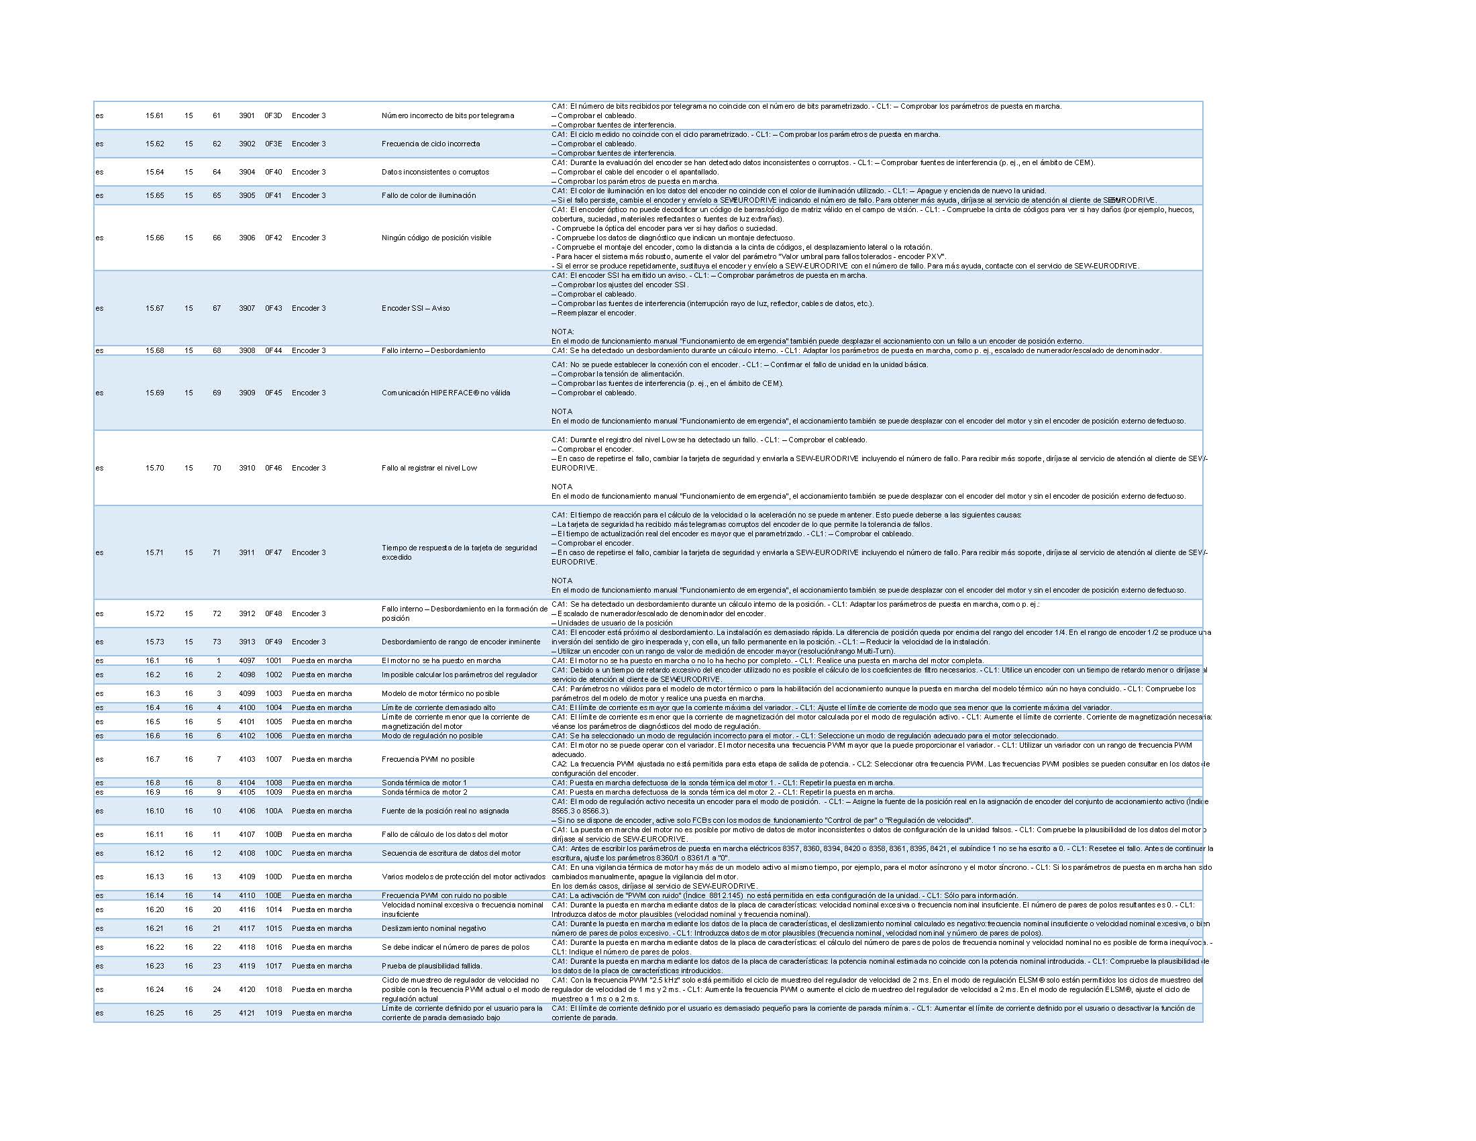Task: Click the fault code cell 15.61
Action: [154, 115]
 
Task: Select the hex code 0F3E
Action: [273, 144]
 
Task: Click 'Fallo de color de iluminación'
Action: [429, 195]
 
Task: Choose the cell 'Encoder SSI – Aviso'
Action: [416, 308]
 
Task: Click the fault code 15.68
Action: [154, 350]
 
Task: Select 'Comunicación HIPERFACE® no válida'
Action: [446, 393]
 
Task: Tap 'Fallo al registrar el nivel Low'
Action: [429, 468]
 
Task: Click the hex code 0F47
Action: [273, 552]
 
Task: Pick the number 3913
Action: [247, 642]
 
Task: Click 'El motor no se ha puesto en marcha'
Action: [441, 660]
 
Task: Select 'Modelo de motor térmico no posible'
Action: [441, 693]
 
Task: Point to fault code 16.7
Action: [153, 759]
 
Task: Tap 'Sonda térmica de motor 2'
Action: [425, 792]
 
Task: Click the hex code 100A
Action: [273, 811]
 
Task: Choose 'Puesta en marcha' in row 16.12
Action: [321, 853]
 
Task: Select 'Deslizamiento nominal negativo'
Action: [434, 928]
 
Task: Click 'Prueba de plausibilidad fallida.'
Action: [432, 966]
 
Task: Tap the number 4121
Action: [247, 1013]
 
